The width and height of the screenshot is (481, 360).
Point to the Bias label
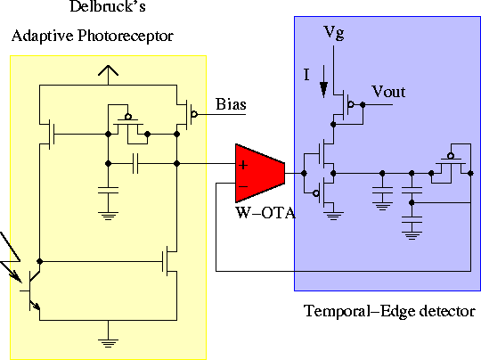tap(230, 105)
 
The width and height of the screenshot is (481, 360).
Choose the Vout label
tap(388, 92)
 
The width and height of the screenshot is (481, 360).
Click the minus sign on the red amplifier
tap(240, 184)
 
